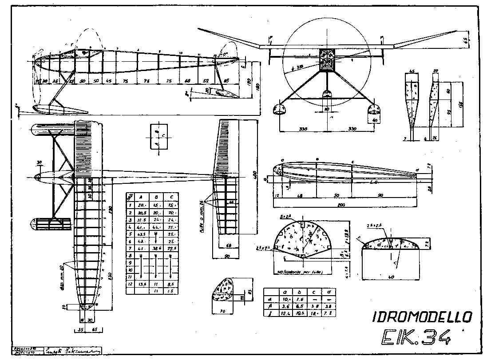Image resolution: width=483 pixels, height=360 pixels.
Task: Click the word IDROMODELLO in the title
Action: click(422, 316)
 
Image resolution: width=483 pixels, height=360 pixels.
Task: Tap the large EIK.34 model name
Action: click(415, 338)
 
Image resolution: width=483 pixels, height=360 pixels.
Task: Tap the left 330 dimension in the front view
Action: click(303, 129)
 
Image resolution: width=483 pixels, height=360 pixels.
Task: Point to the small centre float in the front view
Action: click(327, 94)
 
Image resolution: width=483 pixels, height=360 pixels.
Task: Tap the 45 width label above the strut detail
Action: click(412, 71)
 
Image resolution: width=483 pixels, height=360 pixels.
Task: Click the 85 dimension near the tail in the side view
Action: click(226, 81)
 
